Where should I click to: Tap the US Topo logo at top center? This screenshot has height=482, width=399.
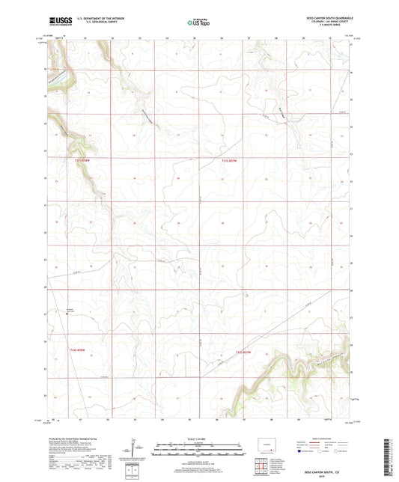tap(198, 23)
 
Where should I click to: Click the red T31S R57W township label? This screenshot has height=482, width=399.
tap(232, 160)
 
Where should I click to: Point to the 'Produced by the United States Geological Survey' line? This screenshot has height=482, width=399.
tap(78, 441)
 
